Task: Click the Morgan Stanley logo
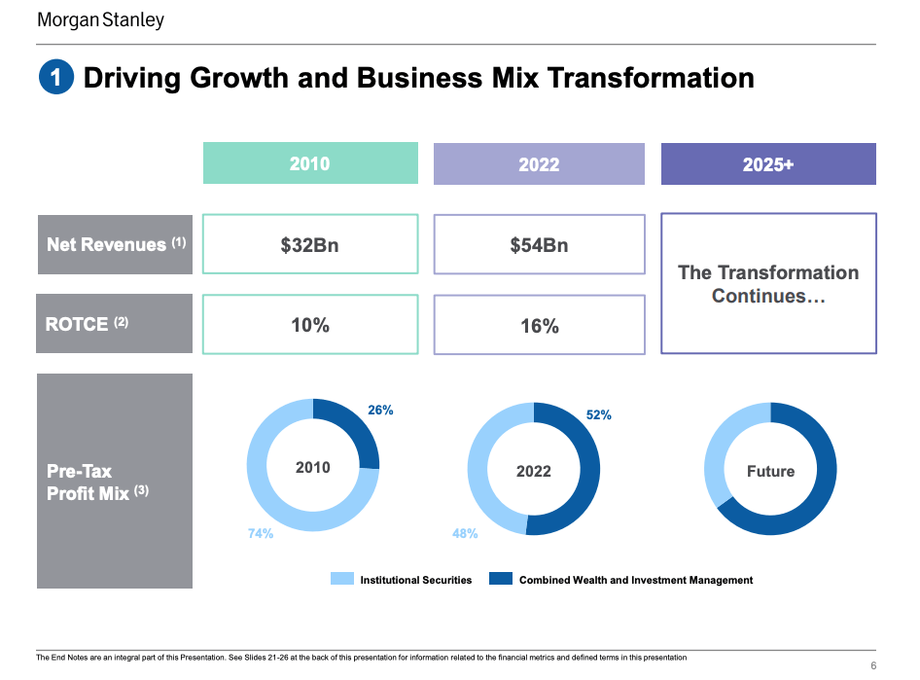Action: (x=100, y=20)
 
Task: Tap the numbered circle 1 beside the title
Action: (x=55, y=78)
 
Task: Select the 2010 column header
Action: (x=310, y=163)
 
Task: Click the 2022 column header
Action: (x=539, y=163)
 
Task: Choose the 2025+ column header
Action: (x=768, y=164)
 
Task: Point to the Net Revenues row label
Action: (x=115, y=244)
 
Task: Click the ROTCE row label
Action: (x=115, y=324)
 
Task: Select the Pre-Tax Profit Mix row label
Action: (x=115, y=482)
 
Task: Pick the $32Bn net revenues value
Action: (x=310, y=244)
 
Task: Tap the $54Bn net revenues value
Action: (x=539, y=245)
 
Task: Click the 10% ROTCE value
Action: (x=310, y=325)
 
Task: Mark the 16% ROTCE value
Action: (x=539, y=326)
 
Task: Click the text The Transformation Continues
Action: (x=768, y=284)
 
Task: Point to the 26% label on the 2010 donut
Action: (x=380, y=411)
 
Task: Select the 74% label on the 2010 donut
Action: (x=261, y=533)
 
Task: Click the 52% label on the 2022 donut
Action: (x=599, y=414)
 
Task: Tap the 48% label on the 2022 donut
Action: (x=465, y=533)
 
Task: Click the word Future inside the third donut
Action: (x=770, y=471)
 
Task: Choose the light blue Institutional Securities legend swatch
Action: (x=341, y=579)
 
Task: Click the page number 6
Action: (x=872, y=665)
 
